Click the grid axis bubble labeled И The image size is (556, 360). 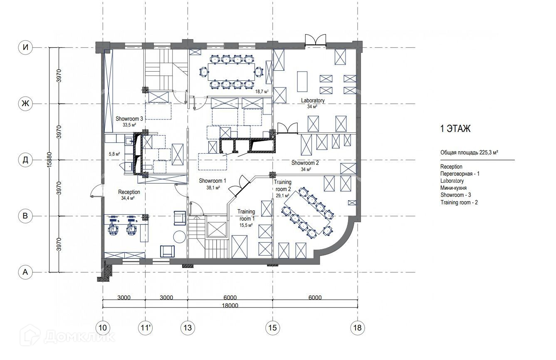pos(25,47)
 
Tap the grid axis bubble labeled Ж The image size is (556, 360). pos(25,103)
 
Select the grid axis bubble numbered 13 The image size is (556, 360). pos(188,328)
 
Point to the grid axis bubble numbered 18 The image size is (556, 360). pos(358,328)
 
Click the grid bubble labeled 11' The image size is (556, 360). pos(146,328)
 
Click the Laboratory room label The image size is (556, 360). pos(313,101)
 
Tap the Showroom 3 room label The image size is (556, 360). pos(129,119)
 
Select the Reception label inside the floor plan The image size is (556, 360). pos(129,192)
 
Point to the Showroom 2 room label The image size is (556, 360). pos(305,163)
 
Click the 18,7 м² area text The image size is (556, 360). pos(262,92)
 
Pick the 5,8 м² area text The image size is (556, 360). pos(114,154)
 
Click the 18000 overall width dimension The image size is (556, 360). pos(230,305)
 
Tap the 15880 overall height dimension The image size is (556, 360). pos(49,160)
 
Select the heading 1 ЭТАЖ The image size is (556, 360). pos(455,129)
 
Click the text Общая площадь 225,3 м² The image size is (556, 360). pos(470,153)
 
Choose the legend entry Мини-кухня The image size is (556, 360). pos(453,188)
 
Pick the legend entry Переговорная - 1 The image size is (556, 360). pos(460,174)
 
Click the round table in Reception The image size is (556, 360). pos(179,237)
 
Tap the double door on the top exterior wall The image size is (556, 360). pos(315,40)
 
